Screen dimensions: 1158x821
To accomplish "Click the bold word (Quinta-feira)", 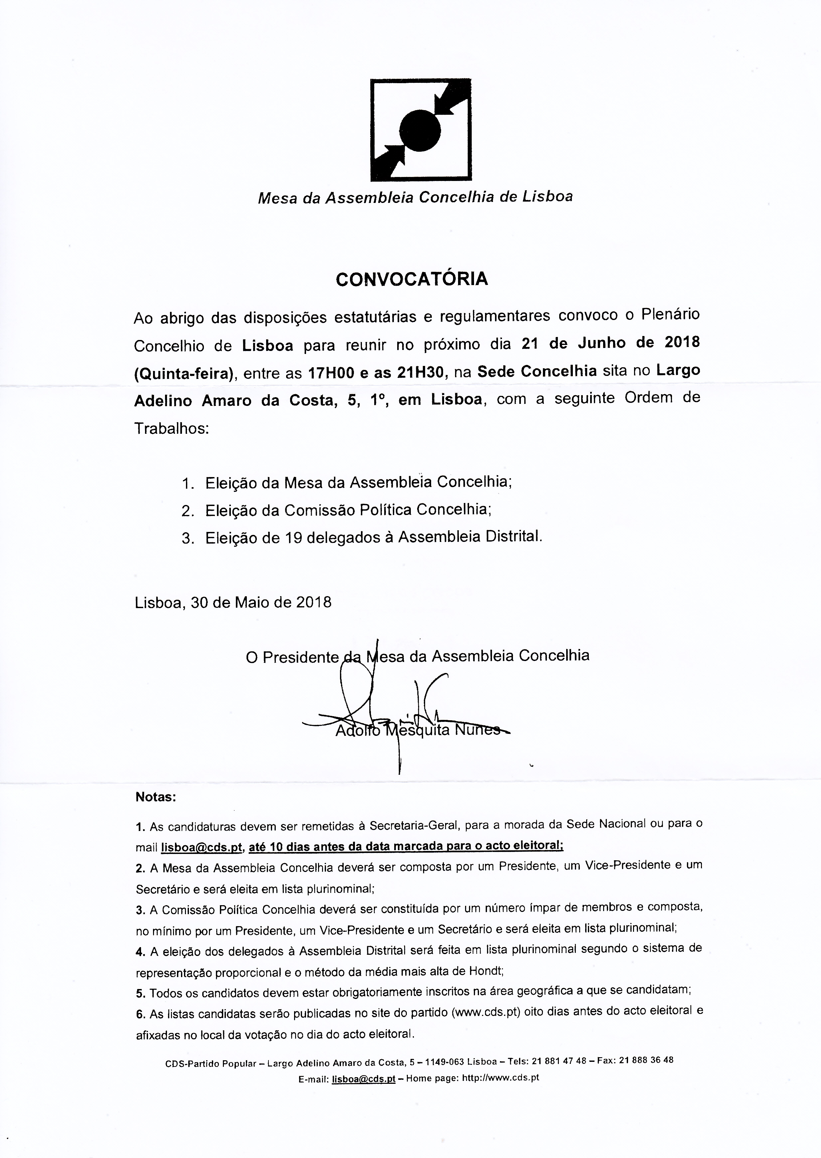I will pyautogui.click(x=185, y=374).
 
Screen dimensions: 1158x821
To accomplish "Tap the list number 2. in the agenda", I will pyautogui.click(x=188, y=511).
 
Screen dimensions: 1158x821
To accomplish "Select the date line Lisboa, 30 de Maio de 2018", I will pyautogui.click(x=233, y=602).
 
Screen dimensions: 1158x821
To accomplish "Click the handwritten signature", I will pyautogui.click(x=384, y=708).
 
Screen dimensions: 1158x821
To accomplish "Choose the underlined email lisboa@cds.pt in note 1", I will pyautogui.click(x=202, y=848).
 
